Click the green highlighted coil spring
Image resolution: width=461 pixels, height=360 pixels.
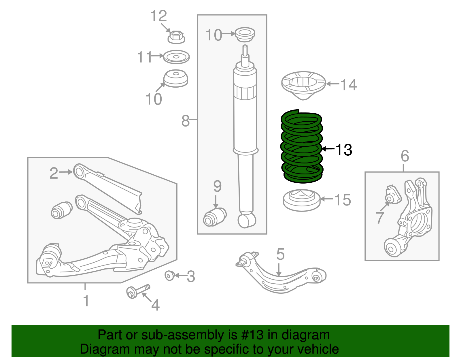click(x=302, y=147)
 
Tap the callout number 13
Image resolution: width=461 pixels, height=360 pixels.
click(x=344, y=150)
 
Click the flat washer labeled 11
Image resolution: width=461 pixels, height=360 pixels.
click(x=176, y=57)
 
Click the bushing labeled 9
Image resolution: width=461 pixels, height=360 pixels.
click(x=215, y=217)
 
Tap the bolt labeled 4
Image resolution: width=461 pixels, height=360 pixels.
click(x=138, y=292)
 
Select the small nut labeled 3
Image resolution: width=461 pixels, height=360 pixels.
click(x=169, y=276)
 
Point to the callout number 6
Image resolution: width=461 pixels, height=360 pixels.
click(x=405, y=156)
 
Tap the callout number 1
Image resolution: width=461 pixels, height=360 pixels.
click(x=86, y=301)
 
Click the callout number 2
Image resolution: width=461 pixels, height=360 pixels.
click(x=54, y=173)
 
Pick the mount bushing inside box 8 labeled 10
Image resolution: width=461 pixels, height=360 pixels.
click(x=245, y=35)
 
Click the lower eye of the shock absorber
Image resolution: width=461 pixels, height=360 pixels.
click(x=247, y=221)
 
